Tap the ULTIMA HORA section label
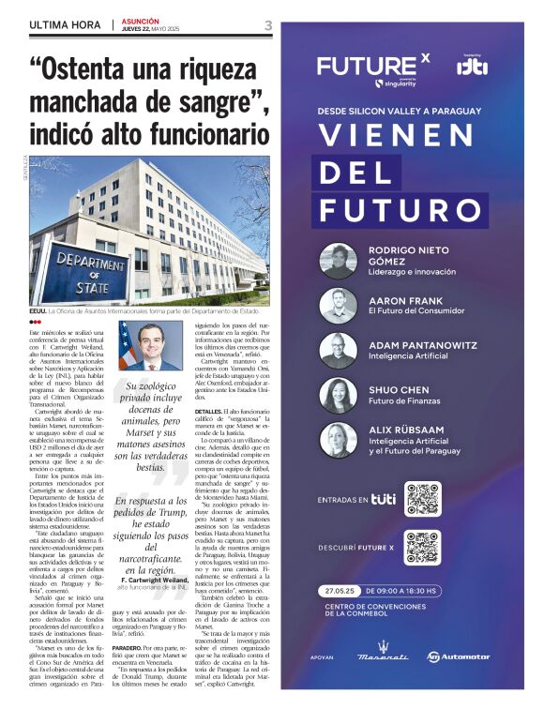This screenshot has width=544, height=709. click(66, 25)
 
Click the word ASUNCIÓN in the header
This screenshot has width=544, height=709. click(140, 21)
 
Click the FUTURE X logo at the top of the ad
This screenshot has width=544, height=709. click(372, 67)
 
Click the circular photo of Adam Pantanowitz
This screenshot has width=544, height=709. click(338, 351)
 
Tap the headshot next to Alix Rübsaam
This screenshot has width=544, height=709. click(338, 440)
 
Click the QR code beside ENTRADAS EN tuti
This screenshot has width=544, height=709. click(423, 498)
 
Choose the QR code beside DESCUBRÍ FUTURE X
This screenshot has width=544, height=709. click(423, 546)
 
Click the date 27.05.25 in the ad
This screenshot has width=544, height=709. click(340, 591)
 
